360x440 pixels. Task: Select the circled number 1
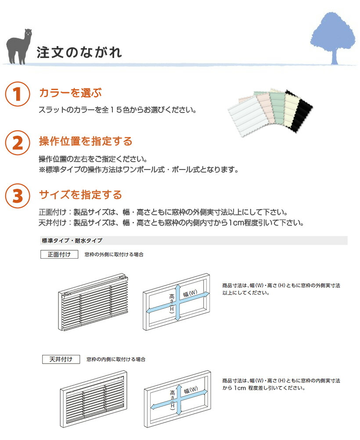(x=17, y=94)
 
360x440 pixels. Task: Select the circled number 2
(x=17, y=143)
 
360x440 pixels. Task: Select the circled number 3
(x=17, y=195)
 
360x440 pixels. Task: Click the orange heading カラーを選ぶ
(x=70, y=93)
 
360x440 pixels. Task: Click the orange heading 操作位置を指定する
(x=86, y=141)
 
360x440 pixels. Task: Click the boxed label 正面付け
(x=59, y=254)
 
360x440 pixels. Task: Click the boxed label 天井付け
(x=61, y=359)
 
